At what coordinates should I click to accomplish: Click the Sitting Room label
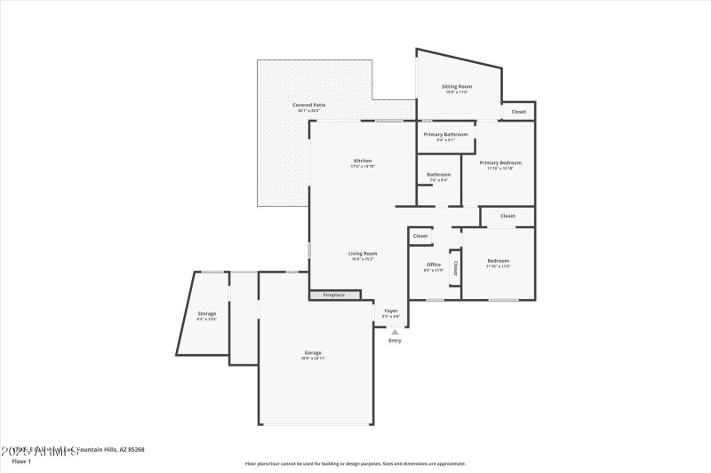coord(457,87)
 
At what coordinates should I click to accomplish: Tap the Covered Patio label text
coord(309,105)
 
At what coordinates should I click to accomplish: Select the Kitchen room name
coord(363,161)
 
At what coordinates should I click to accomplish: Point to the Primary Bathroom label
coord(445,134)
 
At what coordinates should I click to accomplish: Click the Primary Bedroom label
coord(500,162)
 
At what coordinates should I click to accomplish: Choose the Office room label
coord(434,264)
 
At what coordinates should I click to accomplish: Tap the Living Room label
coord(363,253)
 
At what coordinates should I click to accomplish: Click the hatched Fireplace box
coord(335,295)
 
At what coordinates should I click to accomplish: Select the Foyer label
coord(391,311)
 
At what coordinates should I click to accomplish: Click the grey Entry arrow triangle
coord(395,332)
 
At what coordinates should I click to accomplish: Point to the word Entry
coord(395,341)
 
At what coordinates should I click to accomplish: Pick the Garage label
coord(313,352)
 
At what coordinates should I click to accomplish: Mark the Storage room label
coord(206,313)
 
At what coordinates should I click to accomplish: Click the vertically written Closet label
coord(455,266)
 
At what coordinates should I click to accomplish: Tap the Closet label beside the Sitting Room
coord(518,112)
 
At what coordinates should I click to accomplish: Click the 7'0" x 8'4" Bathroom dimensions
coord(439,180)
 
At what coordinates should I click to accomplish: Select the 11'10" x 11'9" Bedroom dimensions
coord(498,266)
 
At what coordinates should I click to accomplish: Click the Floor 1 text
coord(20,461)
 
